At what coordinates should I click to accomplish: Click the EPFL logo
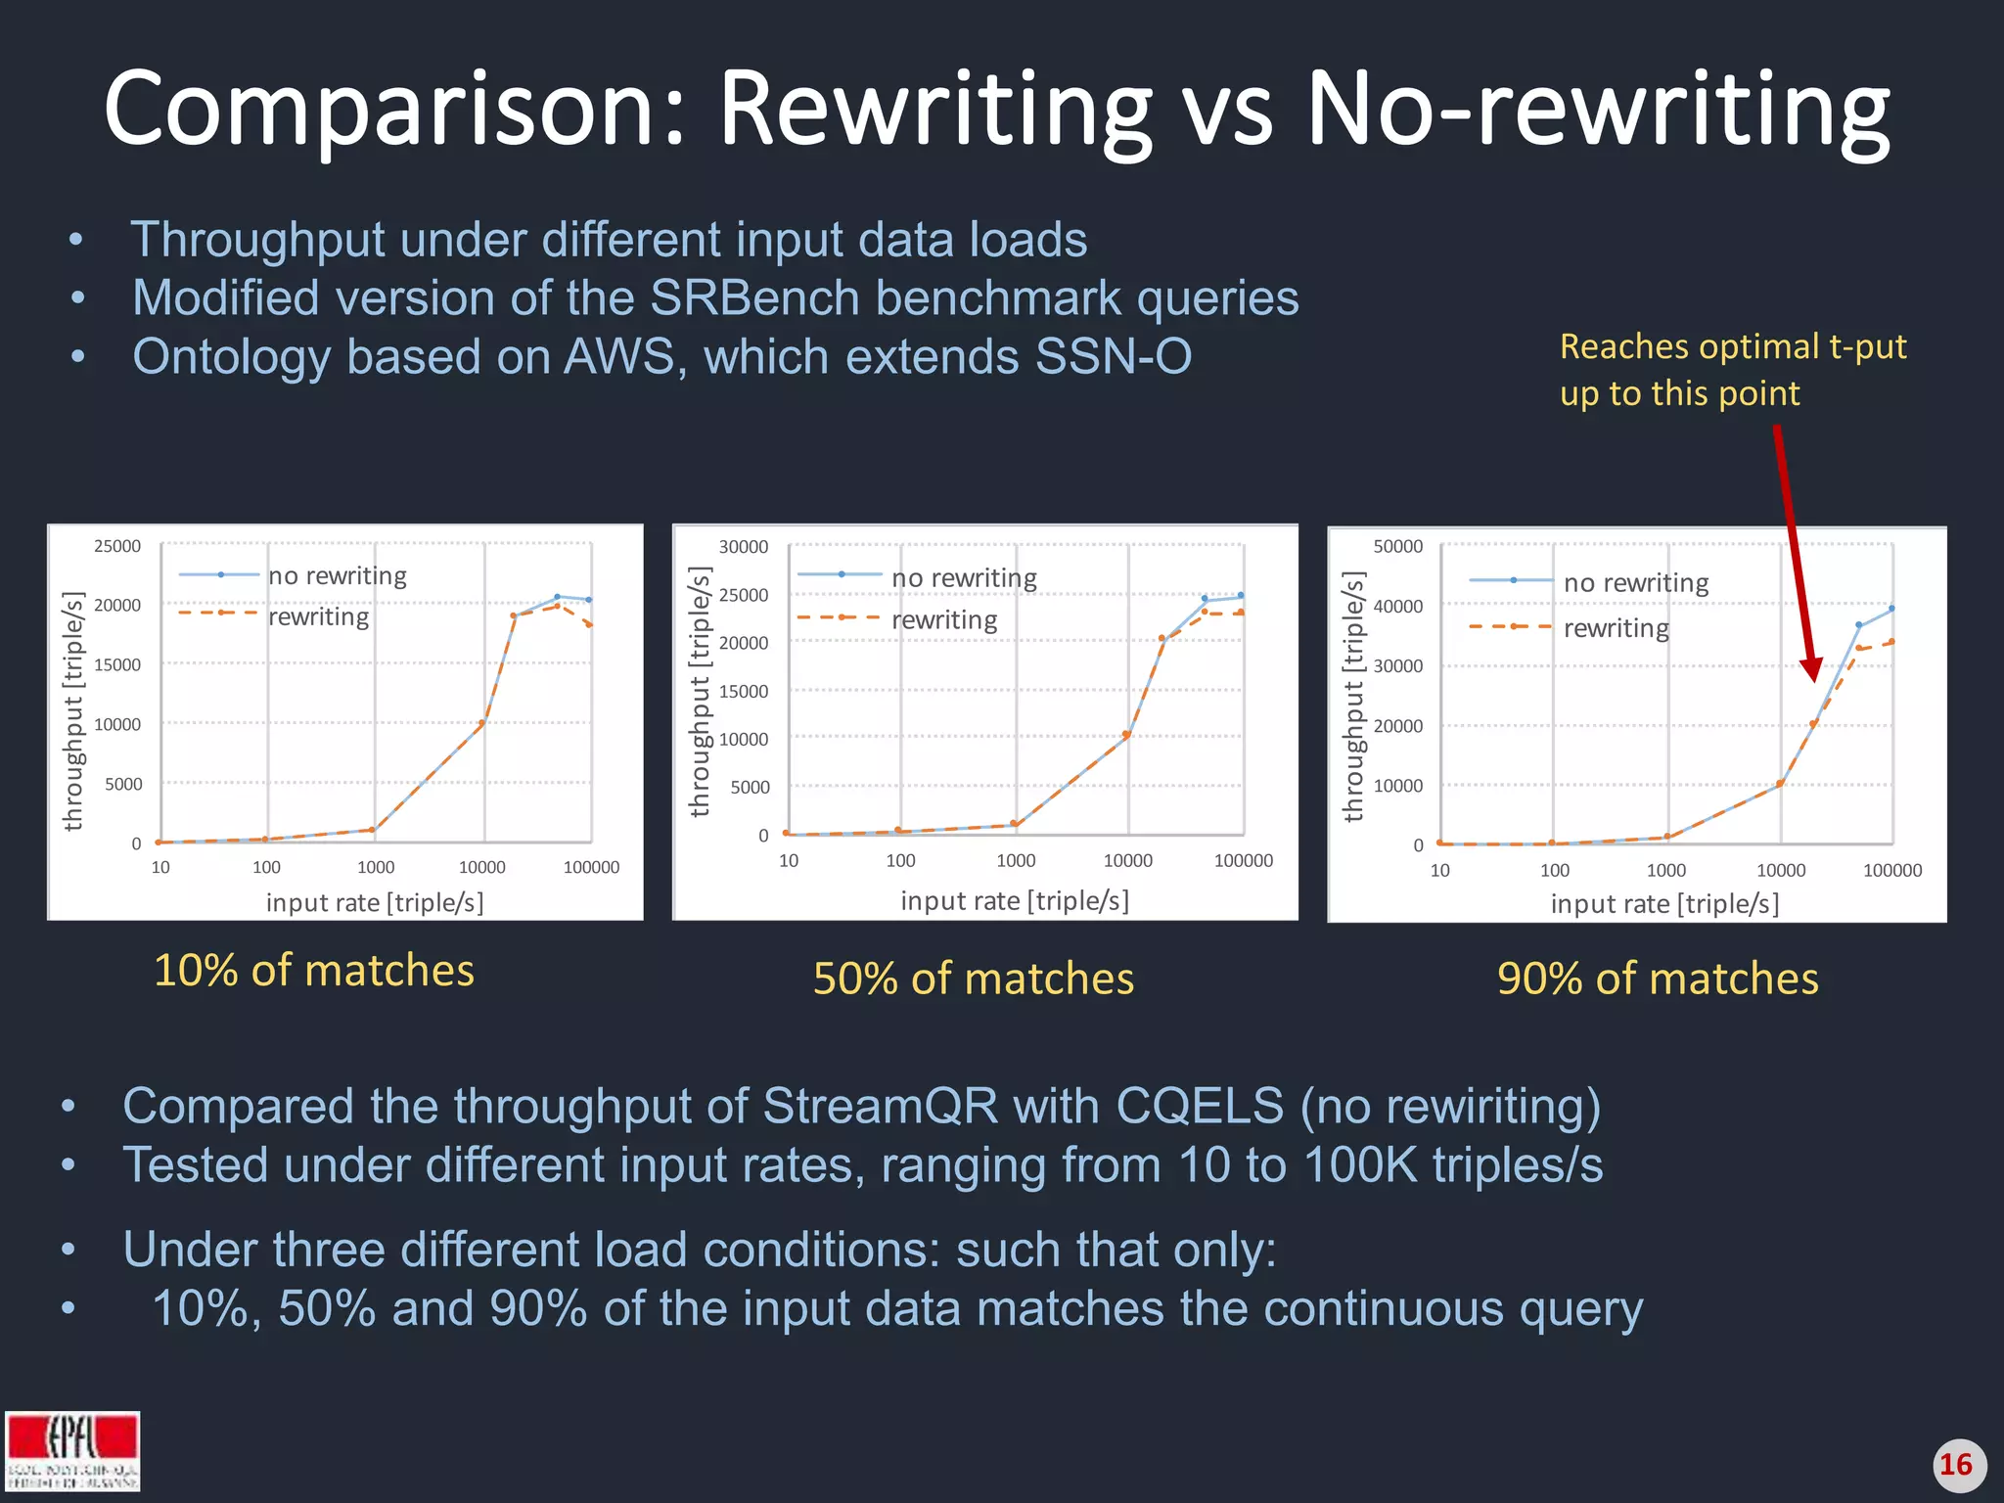[72, 1450]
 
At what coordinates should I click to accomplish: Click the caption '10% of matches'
[314, 971]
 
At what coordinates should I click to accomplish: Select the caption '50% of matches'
[974, 979]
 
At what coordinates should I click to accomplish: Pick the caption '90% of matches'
[1658, 979]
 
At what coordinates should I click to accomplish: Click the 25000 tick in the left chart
[117, 546]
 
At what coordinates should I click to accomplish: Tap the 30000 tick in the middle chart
[744, 547]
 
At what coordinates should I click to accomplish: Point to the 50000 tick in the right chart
[1398, 547]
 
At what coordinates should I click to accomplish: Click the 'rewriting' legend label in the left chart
[319, 617]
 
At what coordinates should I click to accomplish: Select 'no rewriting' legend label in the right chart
[1636, 583]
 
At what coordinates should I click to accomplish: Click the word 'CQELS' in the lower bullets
[1199, 1106]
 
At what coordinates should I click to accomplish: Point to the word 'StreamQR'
[881, 1106]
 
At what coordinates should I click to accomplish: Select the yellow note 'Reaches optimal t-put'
[1733, 346]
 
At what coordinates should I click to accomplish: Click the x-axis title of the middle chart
[1015, 900]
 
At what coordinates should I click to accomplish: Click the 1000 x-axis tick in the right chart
[1666, 870]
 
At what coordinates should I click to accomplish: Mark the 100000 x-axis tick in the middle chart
[1244, 860]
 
